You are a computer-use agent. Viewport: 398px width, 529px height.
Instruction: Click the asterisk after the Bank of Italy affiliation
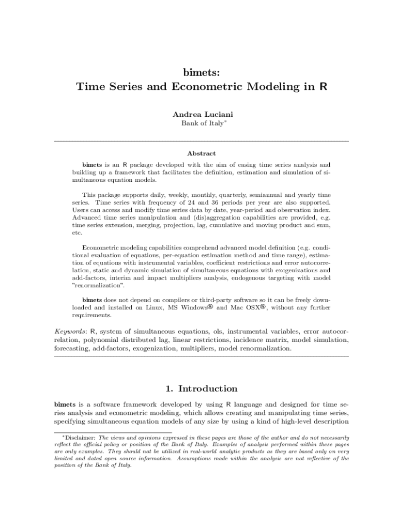tap(225, 121)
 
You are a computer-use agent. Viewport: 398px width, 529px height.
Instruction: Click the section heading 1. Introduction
tap(198, 388)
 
